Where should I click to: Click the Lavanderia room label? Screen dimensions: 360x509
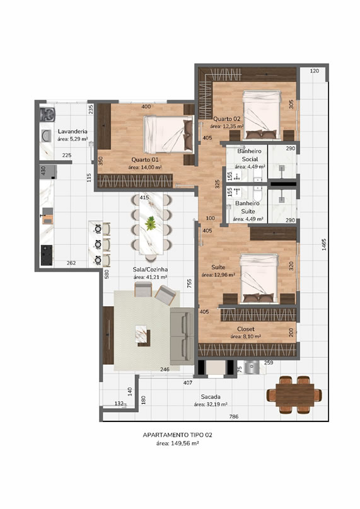[73, 132]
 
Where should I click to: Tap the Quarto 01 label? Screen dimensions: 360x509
[145, 160]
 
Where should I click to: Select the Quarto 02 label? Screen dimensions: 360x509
[227, 119]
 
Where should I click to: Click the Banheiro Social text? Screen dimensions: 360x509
[250, 155]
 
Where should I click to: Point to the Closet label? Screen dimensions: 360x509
[246, 329]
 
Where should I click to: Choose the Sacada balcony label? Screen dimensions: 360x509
[211, 397]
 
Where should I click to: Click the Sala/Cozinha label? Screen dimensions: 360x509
[150, 270]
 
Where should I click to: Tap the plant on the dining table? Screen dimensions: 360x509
[151, 224]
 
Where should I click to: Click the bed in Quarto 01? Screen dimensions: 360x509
[169, 134]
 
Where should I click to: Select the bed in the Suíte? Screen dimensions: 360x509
[259, 278]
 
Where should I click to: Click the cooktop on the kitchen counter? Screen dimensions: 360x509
[47, 255]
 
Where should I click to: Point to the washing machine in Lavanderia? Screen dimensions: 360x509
[47, 115]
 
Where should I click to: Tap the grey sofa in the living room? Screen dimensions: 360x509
[182, 336]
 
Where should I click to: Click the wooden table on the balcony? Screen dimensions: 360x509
[294, 395]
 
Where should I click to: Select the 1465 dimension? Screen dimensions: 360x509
[324, 244]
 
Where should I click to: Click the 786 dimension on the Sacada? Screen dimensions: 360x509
[234, 416]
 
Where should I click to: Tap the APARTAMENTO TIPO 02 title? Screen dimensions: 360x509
[177, 435]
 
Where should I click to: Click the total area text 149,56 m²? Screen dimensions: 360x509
[177, 443]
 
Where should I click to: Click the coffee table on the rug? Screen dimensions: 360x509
[142, 335]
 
